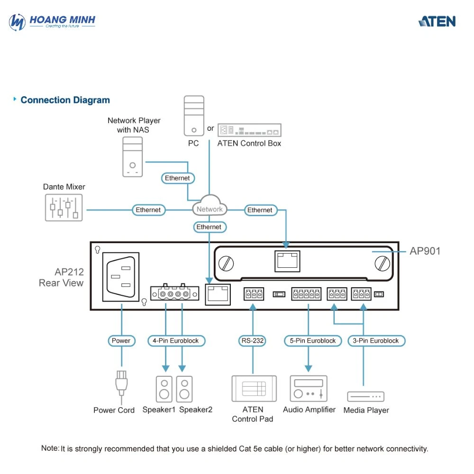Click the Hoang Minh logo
tap(52, 22)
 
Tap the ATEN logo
tap(437, 21)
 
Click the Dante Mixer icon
tap(64, 208)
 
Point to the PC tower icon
tap(194, 116)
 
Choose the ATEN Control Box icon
tap(249, 130)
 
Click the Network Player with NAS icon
tap(132, 156)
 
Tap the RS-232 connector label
tap(253, 341)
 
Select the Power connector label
tap(121, 341)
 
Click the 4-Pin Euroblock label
tap(176, 341)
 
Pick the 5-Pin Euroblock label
tap(313, 341)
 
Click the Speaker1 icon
tap(164, 389)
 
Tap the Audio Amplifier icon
tap(309, 389)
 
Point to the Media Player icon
tap(366, 396)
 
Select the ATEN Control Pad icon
tap(254, 389)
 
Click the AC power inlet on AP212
tap(121, 277)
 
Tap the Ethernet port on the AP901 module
tap(287, 261)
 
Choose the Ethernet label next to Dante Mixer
tap(148, 210)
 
